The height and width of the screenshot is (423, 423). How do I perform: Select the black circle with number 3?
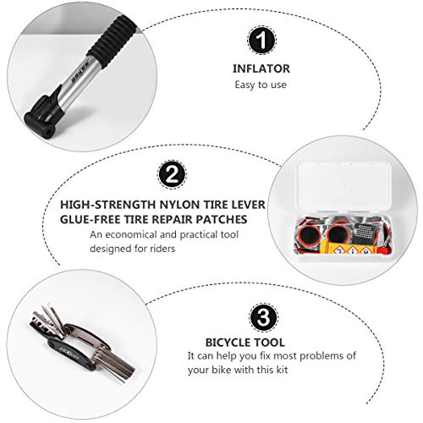pyautogui.click(x=261, y=317)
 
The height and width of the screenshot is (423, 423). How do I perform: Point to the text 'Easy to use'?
pyautogui.click(x=261, y=85)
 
